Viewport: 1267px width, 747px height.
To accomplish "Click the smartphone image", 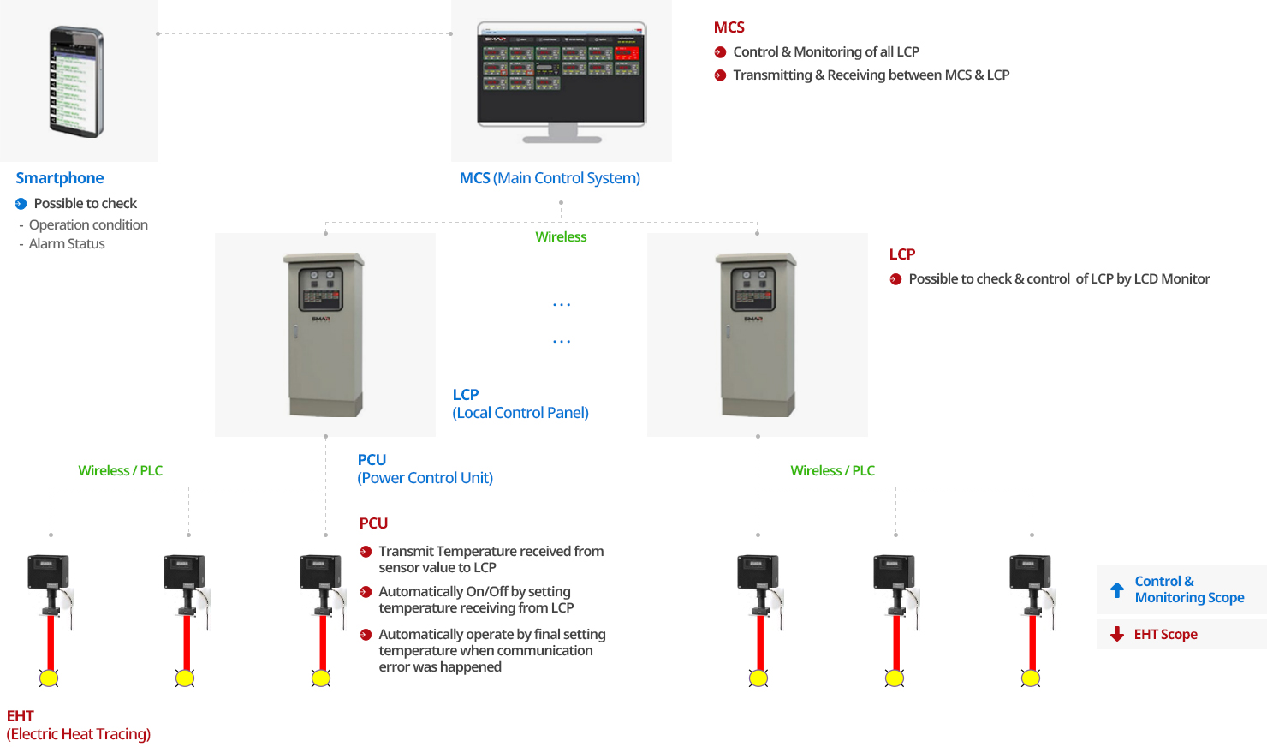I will point(76,81).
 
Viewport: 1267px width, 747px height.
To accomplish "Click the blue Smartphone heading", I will point(60,178).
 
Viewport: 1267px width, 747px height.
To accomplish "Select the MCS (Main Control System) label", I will point(550,178).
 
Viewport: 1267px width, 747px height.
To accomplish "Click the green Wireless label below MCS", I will point(561,237).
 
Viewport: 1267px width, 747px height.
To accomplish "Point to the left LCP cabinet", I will point(324,334).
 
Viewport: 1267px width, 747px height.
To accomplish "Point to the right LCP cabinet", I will point(757,334).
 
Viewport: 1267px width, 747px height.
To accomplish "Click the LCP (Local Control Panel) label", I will point(520,403).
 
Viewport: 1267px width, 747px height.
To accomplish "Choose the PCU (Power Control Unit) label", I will point(425,469).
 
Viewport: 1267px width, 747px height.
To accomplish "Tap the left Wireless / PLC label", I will point(121,471).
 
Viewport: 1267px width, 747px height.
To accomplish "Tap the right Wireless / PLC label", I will point(832,471).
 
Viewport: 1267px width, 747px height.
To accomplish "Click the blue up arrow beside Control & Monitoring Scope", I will point(1117,590).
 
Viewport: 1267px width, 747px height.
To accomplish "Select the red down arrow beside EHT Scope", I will point(1117,634).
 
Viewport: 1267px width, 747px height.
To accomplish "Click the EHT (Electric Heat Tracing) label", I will point(79,725).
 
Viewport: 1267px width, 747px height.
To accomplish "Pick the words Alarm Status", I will point(67,244).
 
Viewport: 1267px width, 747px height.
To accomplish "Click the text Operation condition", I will point(88,225).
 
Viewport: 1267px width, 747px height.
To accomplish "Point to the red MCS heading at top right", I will point(729,27).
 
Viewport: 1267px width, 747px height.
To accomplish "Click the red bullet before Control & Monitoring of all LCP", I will point(721,52).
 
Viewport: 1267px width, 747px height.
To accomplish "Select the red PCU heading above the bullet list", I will point(373,523).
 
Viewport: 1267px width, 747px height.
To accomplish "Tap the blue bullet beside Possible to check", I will point(21,204).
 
